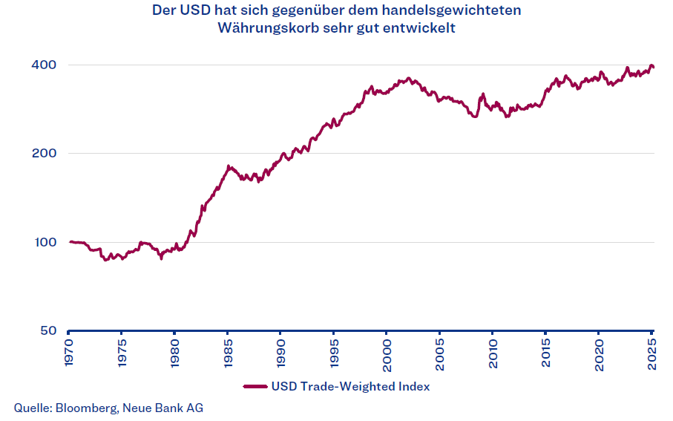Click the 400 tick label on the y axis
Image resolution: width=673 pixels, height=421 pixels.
44,65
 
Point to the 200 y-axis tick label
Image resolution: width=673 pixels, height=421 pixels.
44,153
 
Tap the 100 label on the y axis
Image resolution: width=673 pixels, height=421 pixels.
44,242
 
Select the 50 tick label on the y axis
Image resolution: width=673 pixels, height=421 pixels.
47,330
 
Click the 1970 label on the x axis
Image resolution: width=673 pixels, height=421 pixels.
68,351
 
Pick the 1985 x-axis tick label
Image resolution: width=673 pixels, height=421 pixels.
228,351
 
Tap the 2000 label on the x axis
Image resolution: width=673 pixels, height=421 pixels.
387,351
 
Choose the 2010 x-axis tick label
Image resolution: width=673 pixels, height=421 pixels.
493,351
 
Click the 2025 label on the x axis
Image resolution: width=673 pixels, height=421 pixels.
652,351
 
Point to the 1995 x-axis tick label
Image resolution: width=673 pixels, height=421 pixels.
334,351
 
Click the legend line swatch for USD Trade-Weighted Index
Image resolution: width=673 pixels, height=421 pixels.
255,387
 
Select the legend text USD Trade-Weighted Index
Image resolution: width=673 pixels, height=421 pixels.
350,387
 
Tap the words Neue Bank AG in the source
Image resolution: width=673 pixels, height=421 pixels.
162,408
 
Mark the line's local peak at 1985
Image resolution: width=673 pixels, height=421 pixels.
229,166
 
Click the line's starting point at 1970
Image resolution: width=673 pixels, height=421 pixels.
70,241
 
